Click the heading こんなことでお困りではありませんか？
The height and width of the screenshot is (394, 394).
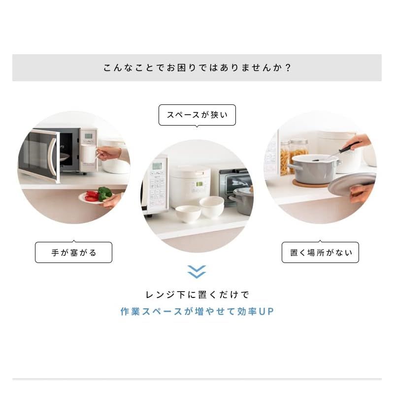[x=197, y=67]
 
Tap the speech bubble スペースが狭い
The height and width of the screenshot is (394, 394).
[x=197, y=115]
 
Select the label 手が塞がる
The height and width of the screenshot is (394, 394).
[x=73, y=253]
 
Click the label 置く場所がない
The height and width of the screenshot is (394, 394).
[x=320, y=253]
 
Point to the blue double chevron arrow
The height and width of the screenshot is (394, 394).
[x=197, y=272]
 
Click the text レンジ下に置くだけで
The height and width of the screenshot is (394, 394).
[x=197, y=295]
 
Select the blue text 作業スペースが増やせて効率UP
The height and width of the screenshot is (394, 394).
[x=197, y=312]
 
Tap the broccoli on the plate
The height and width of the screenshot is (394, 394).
[x=104, y=193]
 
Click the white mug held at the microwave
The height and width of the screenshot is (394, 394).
[x=89, y=153]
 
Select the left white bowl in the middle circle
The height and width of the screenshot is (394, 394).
[x=188, y=213]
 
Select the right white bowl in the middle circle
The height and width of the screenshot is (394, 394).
[x=212, y=206]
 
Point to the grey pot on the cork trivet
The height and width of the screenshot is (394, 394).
[x=313, y=170]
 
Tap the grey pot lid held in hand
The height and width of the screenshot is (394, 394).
[x=352, y=185]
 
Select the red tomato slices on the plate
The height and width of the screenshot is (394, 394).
[x=92, y=196]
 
